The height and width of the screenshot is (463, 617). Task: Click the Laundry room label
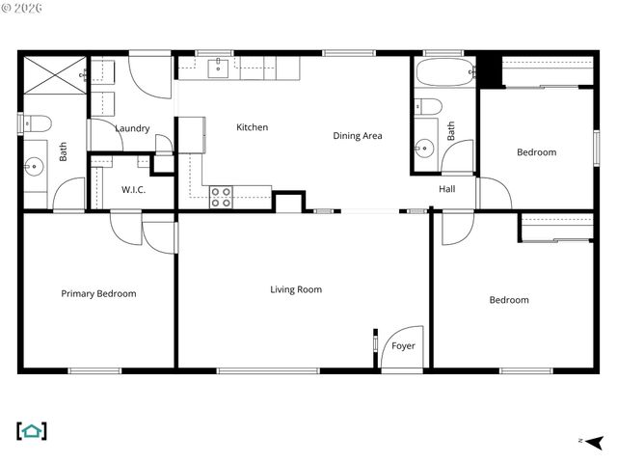tap(132, 128)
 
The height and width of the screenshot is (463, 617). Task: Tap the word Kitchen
tap(253, 127)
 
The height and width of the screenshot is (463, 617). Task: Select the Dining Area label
tap(358, 136)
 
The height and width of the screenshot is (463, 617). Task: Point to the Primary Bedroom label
tap(98, 294)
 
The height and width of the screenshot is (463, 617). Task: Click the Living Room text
tap(296, 289)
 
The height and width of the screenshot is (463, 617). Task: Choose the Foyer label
tap(403, 345)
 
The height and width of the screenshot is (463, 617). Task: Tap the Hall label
tap(447, 189)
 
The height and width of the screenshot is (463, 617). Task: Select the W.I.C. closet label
tap(133, 190)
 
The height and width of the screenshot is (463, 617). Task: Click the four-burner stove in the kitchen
tap(221, 197)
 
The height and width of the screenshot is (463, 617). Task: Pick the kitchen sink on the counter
tap(220, 67)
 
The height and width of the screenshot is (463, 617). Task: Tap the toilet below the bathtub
tap(428, 106)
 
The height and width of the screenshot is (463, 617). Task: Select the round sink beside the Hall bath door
tap(424, 148)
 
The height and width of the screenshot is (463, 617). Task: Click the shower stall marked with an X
tap(55, 74)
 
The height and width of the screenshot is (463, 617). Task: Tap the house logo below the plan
tap(32, 431)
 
